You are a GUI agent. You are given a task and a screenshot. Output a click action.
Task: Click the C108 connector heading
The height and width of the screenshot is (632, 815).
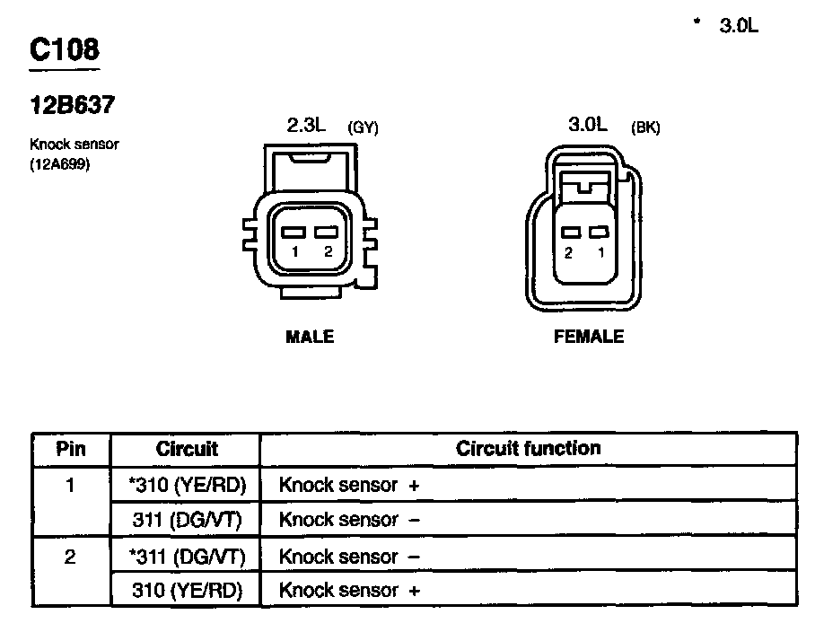(64, 50)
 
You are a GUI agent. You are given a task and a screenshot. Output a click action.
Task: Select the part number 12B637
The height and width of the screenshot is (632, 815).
(72, 105)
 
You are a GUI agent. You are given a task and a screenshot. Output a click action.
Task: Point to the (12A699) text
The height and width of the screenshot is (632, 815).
(60, 164)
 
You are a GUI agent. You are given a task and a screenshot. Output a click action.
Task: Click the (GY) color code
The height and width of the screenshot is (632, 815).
(363, 128)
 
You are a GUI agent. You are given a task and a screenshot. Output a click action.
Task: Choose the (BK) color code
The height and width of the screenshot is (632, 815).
(645, 127)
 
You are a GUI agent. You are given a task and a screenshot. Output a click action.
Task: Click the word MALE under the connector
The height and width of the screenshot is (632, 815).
(310, 337)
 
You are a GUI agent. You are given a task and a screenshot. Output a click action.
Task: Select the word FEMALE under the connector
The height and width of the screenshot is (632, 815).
(589, 337)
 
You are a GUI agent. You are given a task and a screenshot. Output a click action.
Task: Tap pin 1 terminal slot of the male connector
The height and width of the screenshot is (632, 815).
(294, 233)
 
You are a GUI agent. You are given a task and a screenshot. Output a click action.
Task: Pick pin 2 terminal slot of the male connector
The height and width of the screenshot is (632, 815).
(326, 233)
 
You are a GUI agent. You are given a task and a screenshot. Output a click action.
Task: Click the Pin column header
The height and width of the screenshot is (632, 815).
(71, 449)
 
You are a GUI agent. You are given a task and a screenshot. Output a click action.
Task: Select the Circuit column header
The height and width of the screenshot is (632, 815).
(187, 449)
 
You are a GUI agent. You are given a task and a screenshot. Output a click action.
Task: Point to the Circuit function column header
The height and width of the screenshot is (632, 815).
(528, 448)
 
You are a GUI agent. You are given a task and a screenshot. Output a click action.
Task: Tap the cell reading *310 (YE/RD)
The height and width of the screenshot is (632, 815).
(187, 486)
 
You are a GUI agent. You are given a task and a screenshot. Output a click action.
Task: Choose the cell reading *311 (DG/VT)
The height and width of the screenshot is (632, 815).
(187, 557)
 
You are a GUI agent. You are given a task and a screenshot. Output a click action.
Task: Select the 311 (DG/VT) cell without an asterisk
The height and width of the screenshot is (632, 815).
(190, 520)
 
